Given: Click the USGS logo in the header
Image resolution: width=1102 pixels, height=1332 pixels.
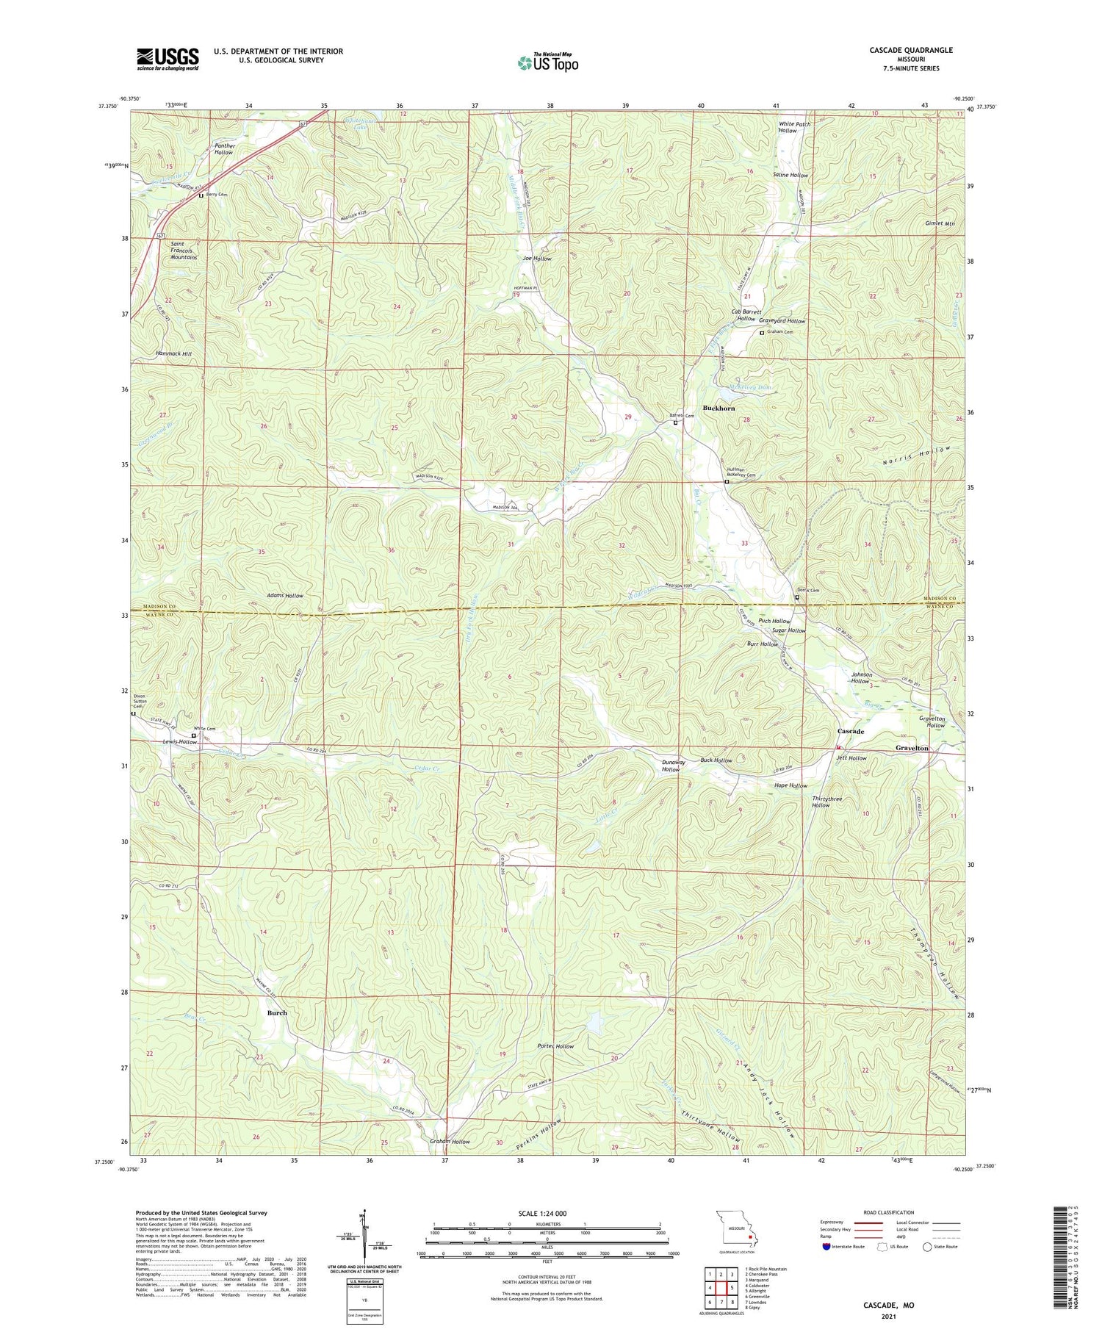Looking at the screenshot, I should pyautogui.click(x=168, y=59).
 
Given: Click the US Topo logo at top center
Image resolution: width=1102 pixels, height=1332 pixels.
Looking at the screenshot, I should pyautogui.click(x=547, y=62).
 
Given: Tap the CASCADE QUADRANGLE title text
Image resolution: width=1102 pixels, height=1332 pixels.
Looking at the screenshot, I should pyautogui.click(x=910, y=50).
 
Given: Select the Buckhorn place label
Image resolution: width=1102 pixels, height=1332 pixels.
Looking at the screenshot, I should pyautogui.click(x=719, y=408).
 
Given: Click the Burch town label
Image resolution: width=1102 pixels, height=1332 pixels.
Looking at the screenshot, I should pyautogui.click(x=277, y=1012).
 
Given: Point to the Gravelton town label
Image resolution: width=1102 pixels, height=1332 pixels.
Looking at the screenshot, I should pyautogui.click(x=912, y=748).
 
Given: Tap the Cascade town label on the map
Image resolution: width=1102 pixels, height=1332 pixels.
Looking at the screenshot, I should pyautogui.click(x=851, y=732).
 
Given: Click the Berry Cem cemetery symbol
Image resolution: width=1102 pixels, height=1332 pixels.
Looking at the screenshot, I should pyautogui.click(x=201, y=195).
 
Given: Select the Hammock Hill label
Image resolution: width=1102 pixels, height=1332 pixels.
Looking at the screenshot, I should pyautogui.click(x=173, y=354).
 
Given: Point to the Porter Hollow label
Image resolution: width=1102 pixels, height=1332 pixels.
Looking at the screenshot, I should pyautogui.click(x=555, y=1046).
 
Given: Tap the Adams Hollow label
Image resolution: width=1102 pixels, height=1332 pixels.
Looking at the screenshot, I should pyautogui.click(x=285, y=595).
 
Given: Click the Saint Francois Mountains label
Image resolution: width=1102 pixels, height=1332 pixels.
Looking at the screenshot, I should pyautogui.click(x=183, y=250).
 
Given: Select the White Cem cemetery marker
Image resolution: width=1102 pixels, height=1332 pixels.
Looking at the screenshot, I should pyautogui.click(x=193, y=735).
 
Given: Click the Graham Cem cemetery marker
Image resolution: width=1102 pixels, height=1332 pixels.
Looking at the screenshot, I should pyautogui.click(x=761, y=333).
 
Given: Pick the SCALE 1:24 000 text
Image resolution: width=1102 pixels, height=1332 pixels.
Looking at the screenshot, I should pyautogui.click(x=547, y=1213).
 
